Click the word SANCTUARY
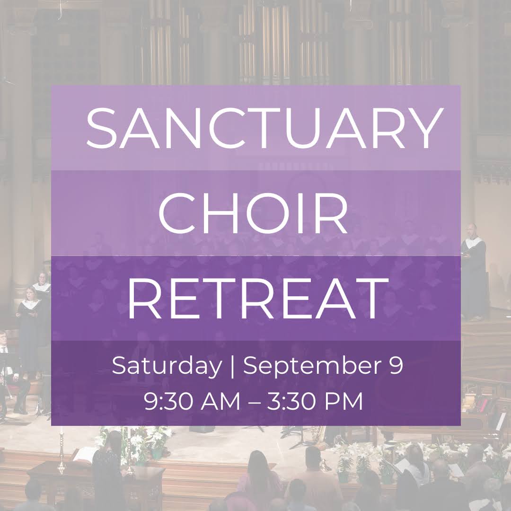tap(264, 128)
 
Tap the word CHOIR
tap(253, 213)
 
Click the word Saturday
tap(166, 367)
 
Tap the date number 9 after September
tap(396, 366)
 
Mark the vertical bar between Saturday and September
tap(232, 367)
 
